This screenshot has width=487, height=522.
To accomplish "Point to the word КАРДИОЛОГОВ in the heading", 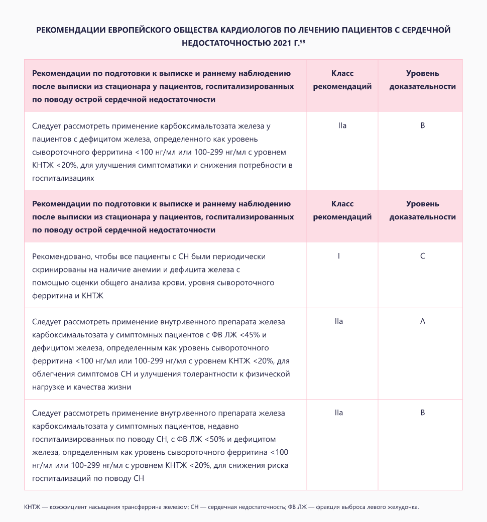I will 256,30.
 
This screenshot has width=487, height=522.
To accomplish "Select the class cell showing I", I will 339,256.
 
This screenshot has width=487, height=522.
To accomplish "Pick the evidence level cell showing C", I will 422,256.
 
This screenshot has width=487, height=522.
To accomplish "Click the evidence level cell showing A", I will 422,321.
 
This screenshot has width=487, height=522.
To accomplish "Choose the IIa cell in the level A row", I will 339,321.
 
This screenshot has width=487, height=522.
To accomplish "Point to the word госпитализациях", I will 63,178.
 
